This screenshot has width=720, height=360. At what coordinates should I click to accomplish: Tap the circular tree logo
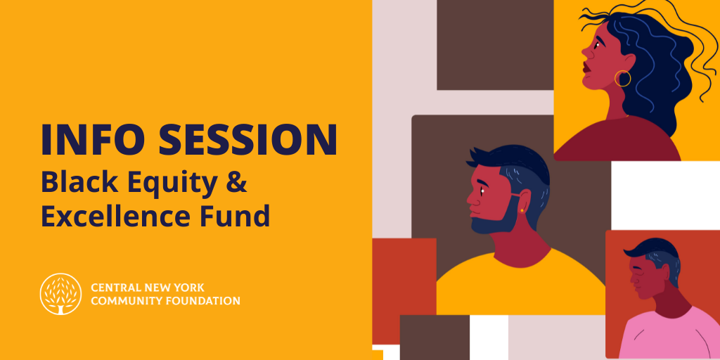60,294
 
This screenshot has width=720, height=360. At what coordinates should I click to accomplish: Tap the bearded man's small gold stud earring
522,210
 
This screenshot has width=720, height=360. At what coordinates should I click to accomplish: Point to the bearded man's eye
482,191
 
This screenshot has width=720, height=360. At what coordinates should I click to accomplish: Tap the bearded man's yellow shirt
519,287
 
